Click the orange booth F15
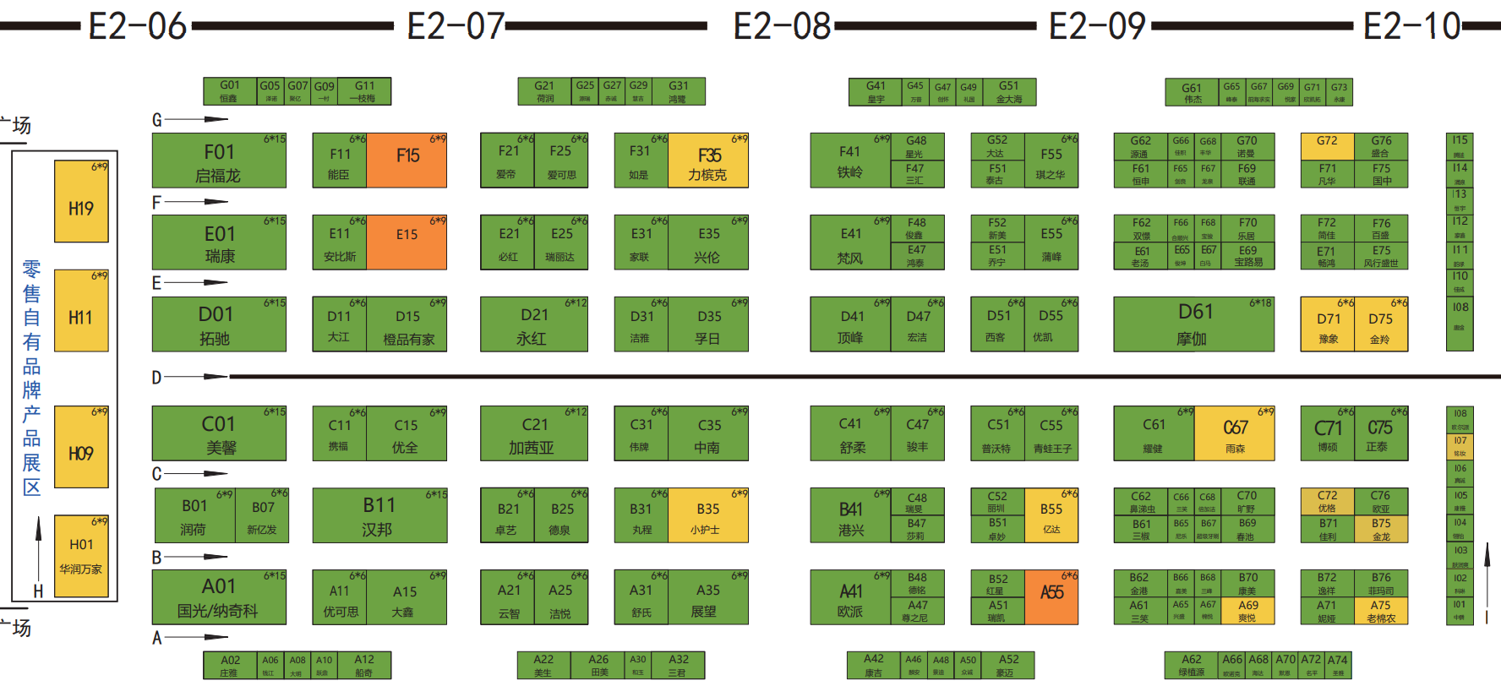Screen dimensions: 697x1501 coord(407,161)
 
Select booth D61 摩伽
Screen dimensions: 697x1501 coord(1193,324)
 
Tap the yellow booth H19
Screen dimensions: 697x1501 coord(81,202)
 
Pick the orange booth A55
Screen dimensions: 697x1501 coord(1051,597)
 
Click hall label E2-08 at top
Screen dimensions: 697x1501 coord(782,27)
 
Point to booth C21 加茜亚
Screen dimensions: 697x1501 coord(533,434)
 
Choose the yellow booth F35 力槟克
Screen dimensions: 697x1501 coord(708,161)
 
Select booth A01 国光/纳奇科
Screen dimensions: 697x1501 coord(219,597)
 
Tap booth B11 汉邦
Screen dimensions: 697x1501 coord(379,516)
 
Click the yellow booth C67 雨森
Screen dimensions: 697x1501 coord(1234,434)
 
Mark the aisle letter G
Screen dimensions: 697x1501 coord(156,120)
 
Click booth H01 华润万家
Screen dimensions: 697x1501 coord(81,556)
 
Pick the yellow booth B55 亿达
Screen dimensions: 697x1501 coord(1051,516)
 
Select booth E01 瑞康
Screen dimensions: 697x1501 coord(219,242)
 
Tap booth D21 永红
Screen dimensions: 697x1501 coord(533,324)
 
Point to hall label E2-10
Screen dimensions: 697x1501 coord(1411,27)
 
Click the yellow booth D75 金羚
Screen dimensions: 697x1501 coord(1381,324)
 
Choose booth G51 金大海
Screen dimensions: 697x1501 coord(1009,92)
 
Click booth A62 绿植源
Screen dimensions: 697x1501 coord(1192,665)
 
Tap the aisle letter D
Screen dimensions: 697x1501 coord(156,378)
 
